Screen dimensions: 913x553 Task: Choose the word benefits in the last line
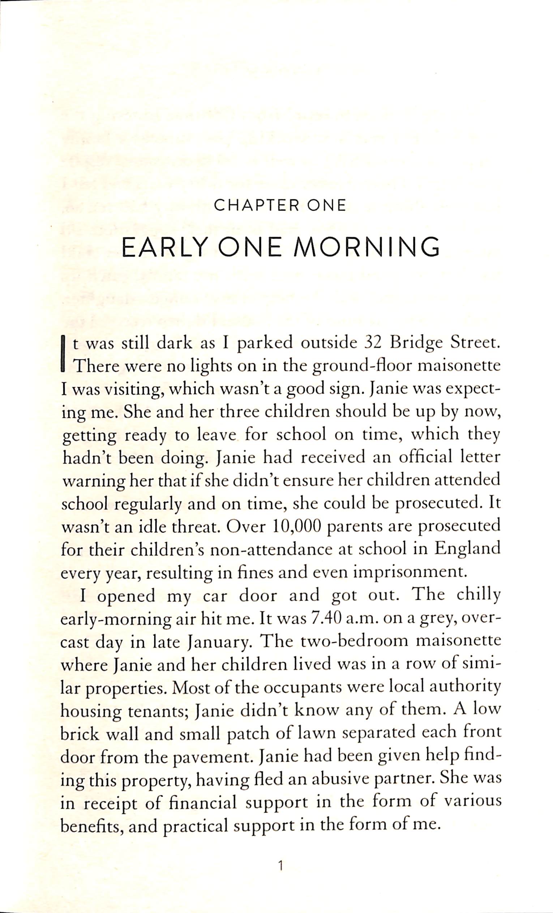91,825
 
